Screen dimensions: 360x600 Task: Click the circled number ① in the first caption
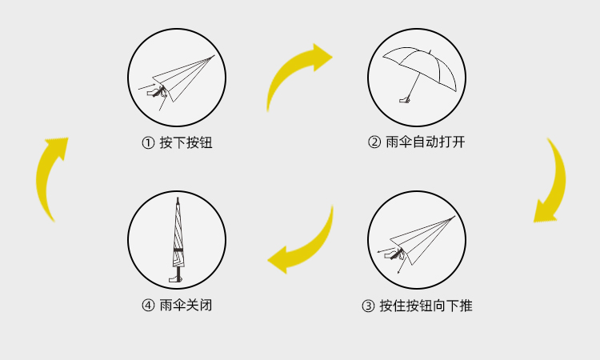(x=147, y=143)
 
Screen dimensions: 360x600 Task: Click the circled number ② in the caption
(x=374, y=143)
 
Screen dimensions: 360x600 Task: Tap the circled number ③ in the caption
(x=368, y=306)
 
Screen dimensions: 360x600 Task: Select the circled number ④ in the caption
(x=147, y=306)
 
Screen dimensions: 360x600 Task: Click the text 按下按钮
(x=186, y=143)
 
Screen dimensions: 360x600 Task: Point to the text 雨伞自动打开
(x=425, y=143)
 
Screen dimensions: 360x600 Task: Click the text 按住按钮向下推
(x=426, y=306)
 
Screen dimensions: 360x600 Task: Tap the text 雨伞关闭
(x=186, y=306)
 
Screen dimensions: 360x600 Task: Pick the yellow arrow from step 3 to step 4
(x=304, y=244)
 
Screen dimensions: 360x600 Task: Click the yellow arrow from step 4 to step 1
(x=52, y=176)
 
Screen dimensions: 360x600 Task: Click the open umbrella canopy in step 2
(x=419, y=59)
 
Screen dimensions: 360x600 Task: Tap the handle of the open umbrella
(x=405, y=100)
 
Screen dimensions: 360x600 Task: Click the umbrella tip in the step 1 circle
(x=213, y=57)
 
